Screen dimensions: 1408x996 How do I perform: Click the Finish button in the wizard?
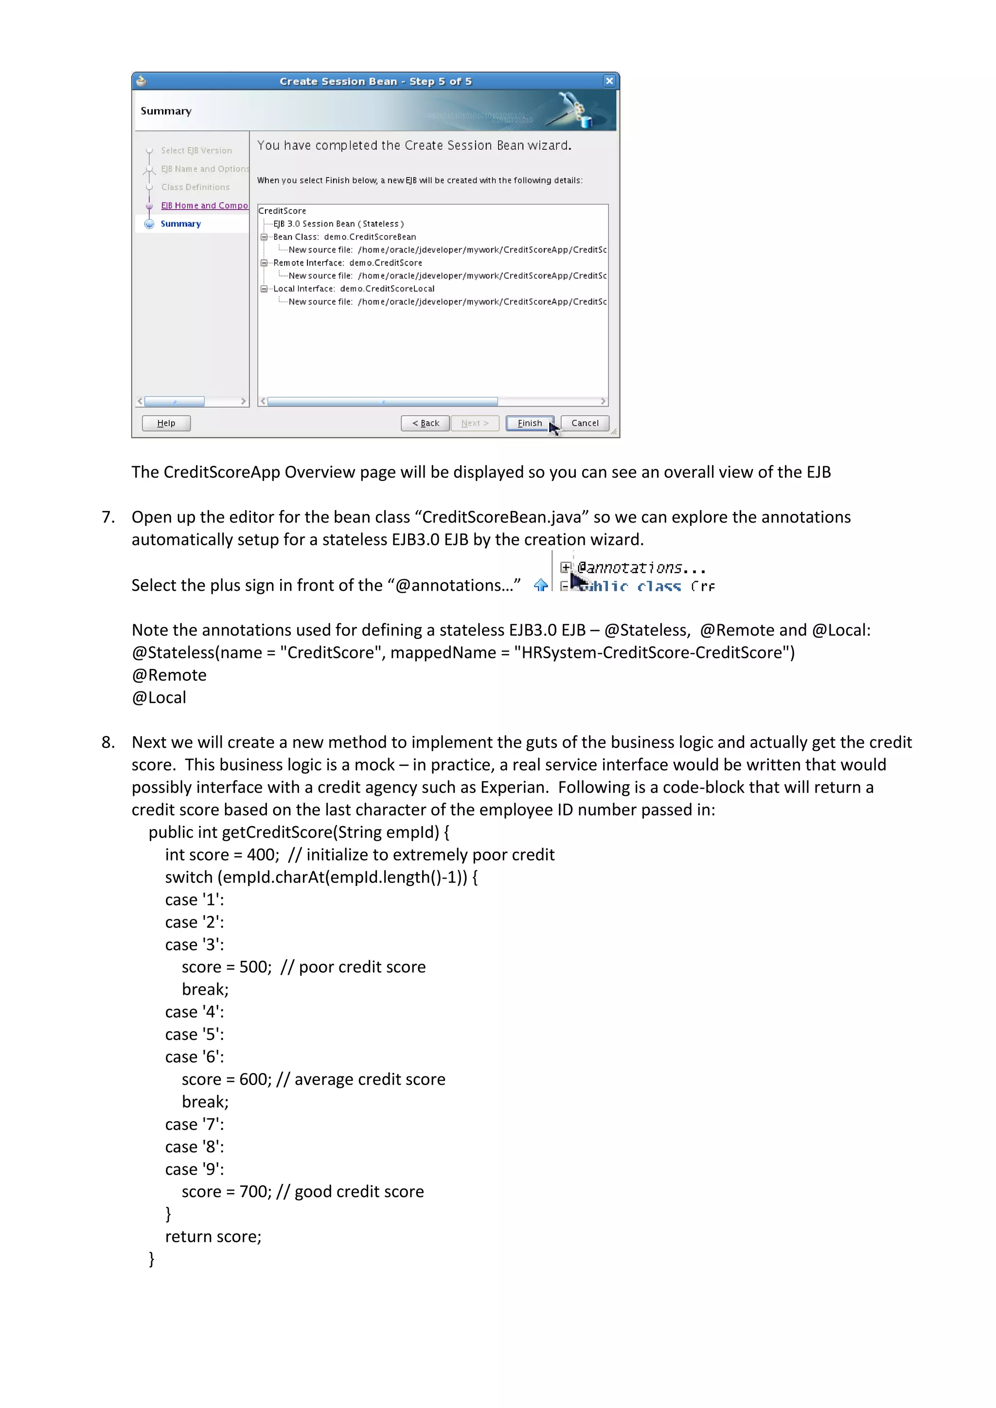pyautogui.click(x=529, y=423)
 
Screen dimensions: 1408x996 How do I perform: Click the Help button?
pyautogui.click(x=166, y=423)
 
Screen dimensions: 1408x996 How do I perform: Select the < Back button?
pyautogui.click(x=426, y=423)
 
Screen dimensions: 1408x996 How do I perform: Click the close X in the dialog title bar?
pyautogui.click(x=609, y=81)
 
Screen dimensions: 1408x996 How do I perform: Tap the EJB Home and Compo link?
pyautogui.click(x=204, y=206)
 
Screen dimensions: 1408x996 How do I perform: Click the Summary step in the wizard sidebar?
pyautogui.click(x=181, y=224)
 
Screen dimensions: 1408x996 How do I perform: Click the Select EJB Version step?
pyautogui.click(x=196, y=150)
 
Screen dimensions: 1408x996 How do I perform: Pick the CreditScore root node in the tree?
pyautogui.click(x=282, y=211)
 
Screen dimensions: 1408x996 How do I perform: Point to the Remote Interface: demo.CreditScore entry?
pyautogui.click(x=348, y=263)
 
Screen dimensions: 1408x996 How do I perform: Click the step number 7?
pyautogui.click(x=108, y=517)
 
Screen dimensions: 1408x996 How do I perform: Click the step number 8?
pyautogui.click(x=108, y=742)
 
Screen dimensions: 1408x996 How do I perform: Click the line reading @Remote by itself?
pyautogui.click(x=169, y=675)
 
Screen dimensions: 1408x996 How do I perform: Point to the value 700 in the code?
pyautogui.click(x=253, y=1192)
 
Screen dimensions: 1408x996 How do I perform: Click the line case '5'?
pyautogui.click(x=195, y=1035)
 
